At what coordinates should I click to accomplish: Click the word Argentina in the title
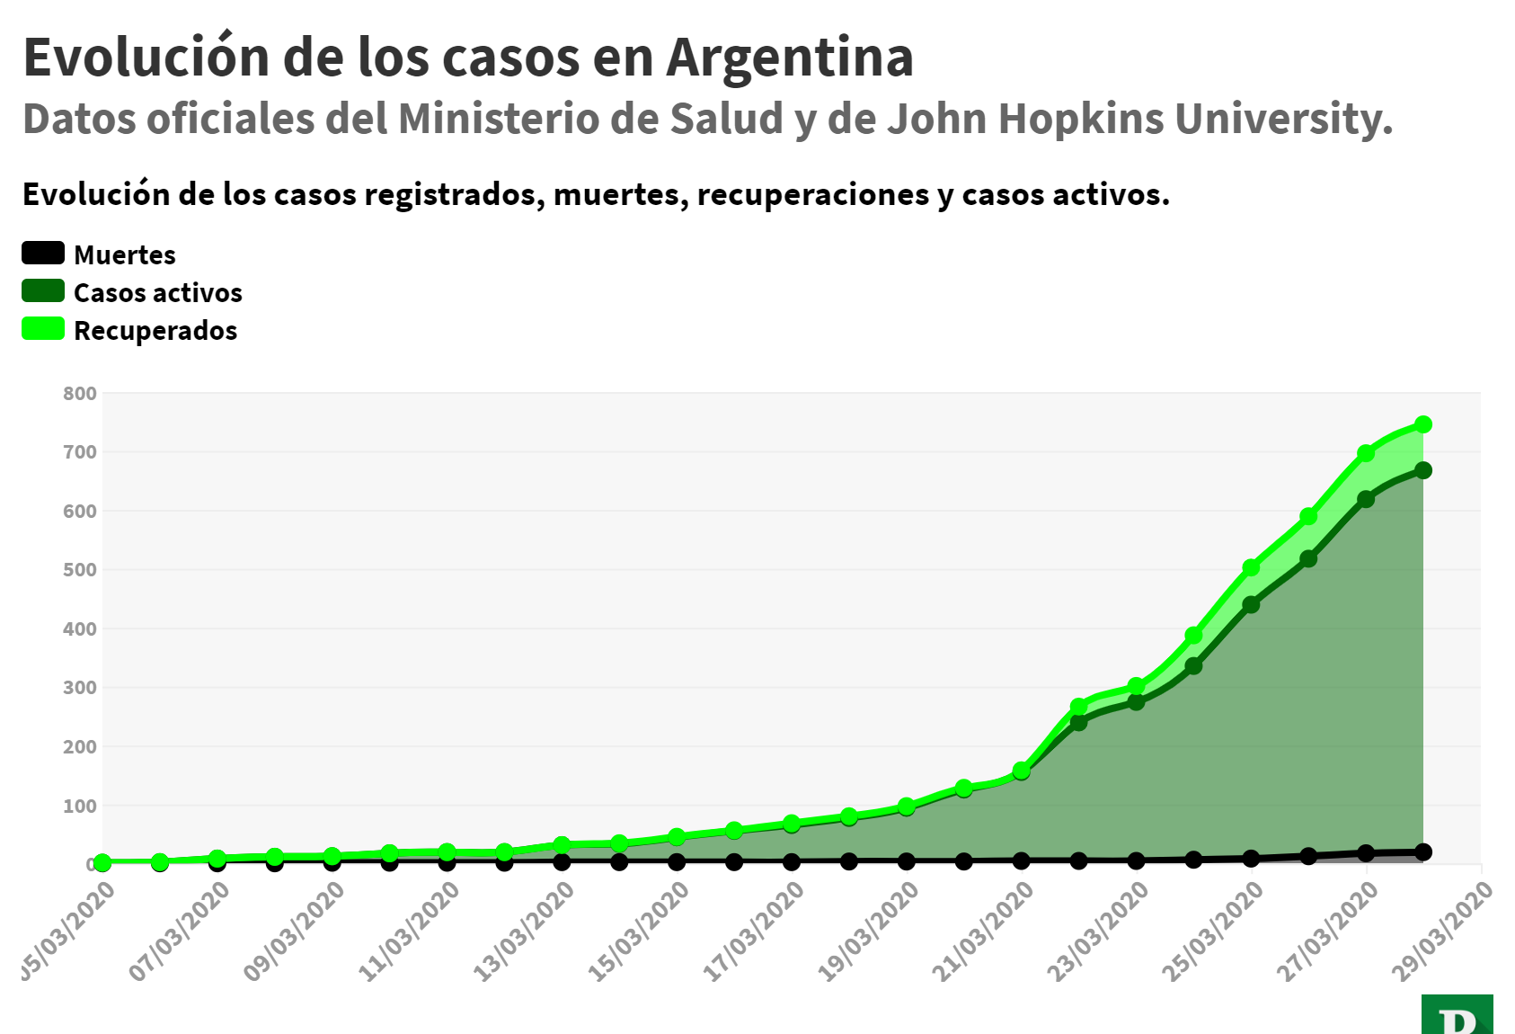[x=790, y=58]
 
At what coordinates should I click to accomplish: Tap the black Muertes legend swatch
[x=43, y=254]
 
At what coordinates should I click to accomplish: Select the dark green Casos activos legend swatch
[x=43, y=291]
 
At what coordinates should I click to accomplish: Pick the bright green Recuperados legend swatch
[x=43, y=329]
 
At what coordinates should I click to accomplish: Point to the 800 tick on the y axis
[x=80, y=393]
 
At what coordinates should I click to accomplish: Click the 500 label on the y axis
[x=80, y=570]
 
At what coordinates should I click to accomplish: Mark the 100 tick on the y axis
[x=80, y=806]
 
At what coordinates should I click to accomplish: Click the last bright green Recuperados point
[x=1423, y=424]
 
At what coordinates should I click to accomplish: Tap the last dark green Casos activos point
[x=1423, y=470]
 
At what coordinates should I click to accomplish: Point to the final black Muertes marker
[x=1423, y=851]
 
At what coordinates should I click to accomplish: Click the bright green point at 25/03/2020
[x=1251, y=567]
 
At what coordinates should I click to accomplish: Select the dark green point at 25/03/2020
[x=1251, y=605]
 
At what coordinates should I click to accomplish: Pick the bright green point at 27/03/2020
[x=1366, y=453]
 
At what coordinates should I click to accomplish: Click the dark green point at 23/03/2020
[x=1136, y=701]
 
